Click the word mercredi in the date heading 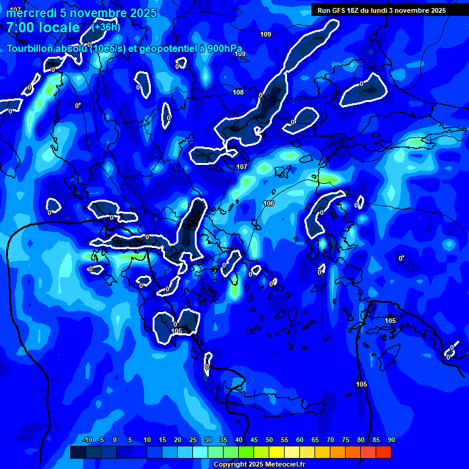pyautogui.click(x=31, y=13)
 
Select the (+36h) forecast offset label pyautogui.click(x=106, y=27)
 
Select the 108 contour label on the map pyautogui.click(x=238, y=92)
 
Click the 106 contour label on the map pyautogui.click(x=269, y=203)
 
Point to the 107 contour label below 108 pyautogui.click(x=242, y=167)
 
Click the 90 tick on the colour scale pyautogui.click(x=391, y=440)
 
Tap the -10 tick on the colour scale pyautogui.click(x=87, y=440)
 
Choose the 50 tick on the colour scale pyautogui.click(x=269, y=440)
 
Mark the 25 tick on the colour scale pyautogui.click(x=192, y=440)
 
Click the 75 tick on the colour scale pyautogui.click(x=345, y=440)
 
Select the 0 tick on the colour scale pyautogui.click(x=115, y=440)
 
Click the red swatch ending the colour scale pyautogui.click(x=383, y=452)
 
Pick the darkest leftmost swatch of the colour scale pyautogui.click(x=78, y=452)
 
